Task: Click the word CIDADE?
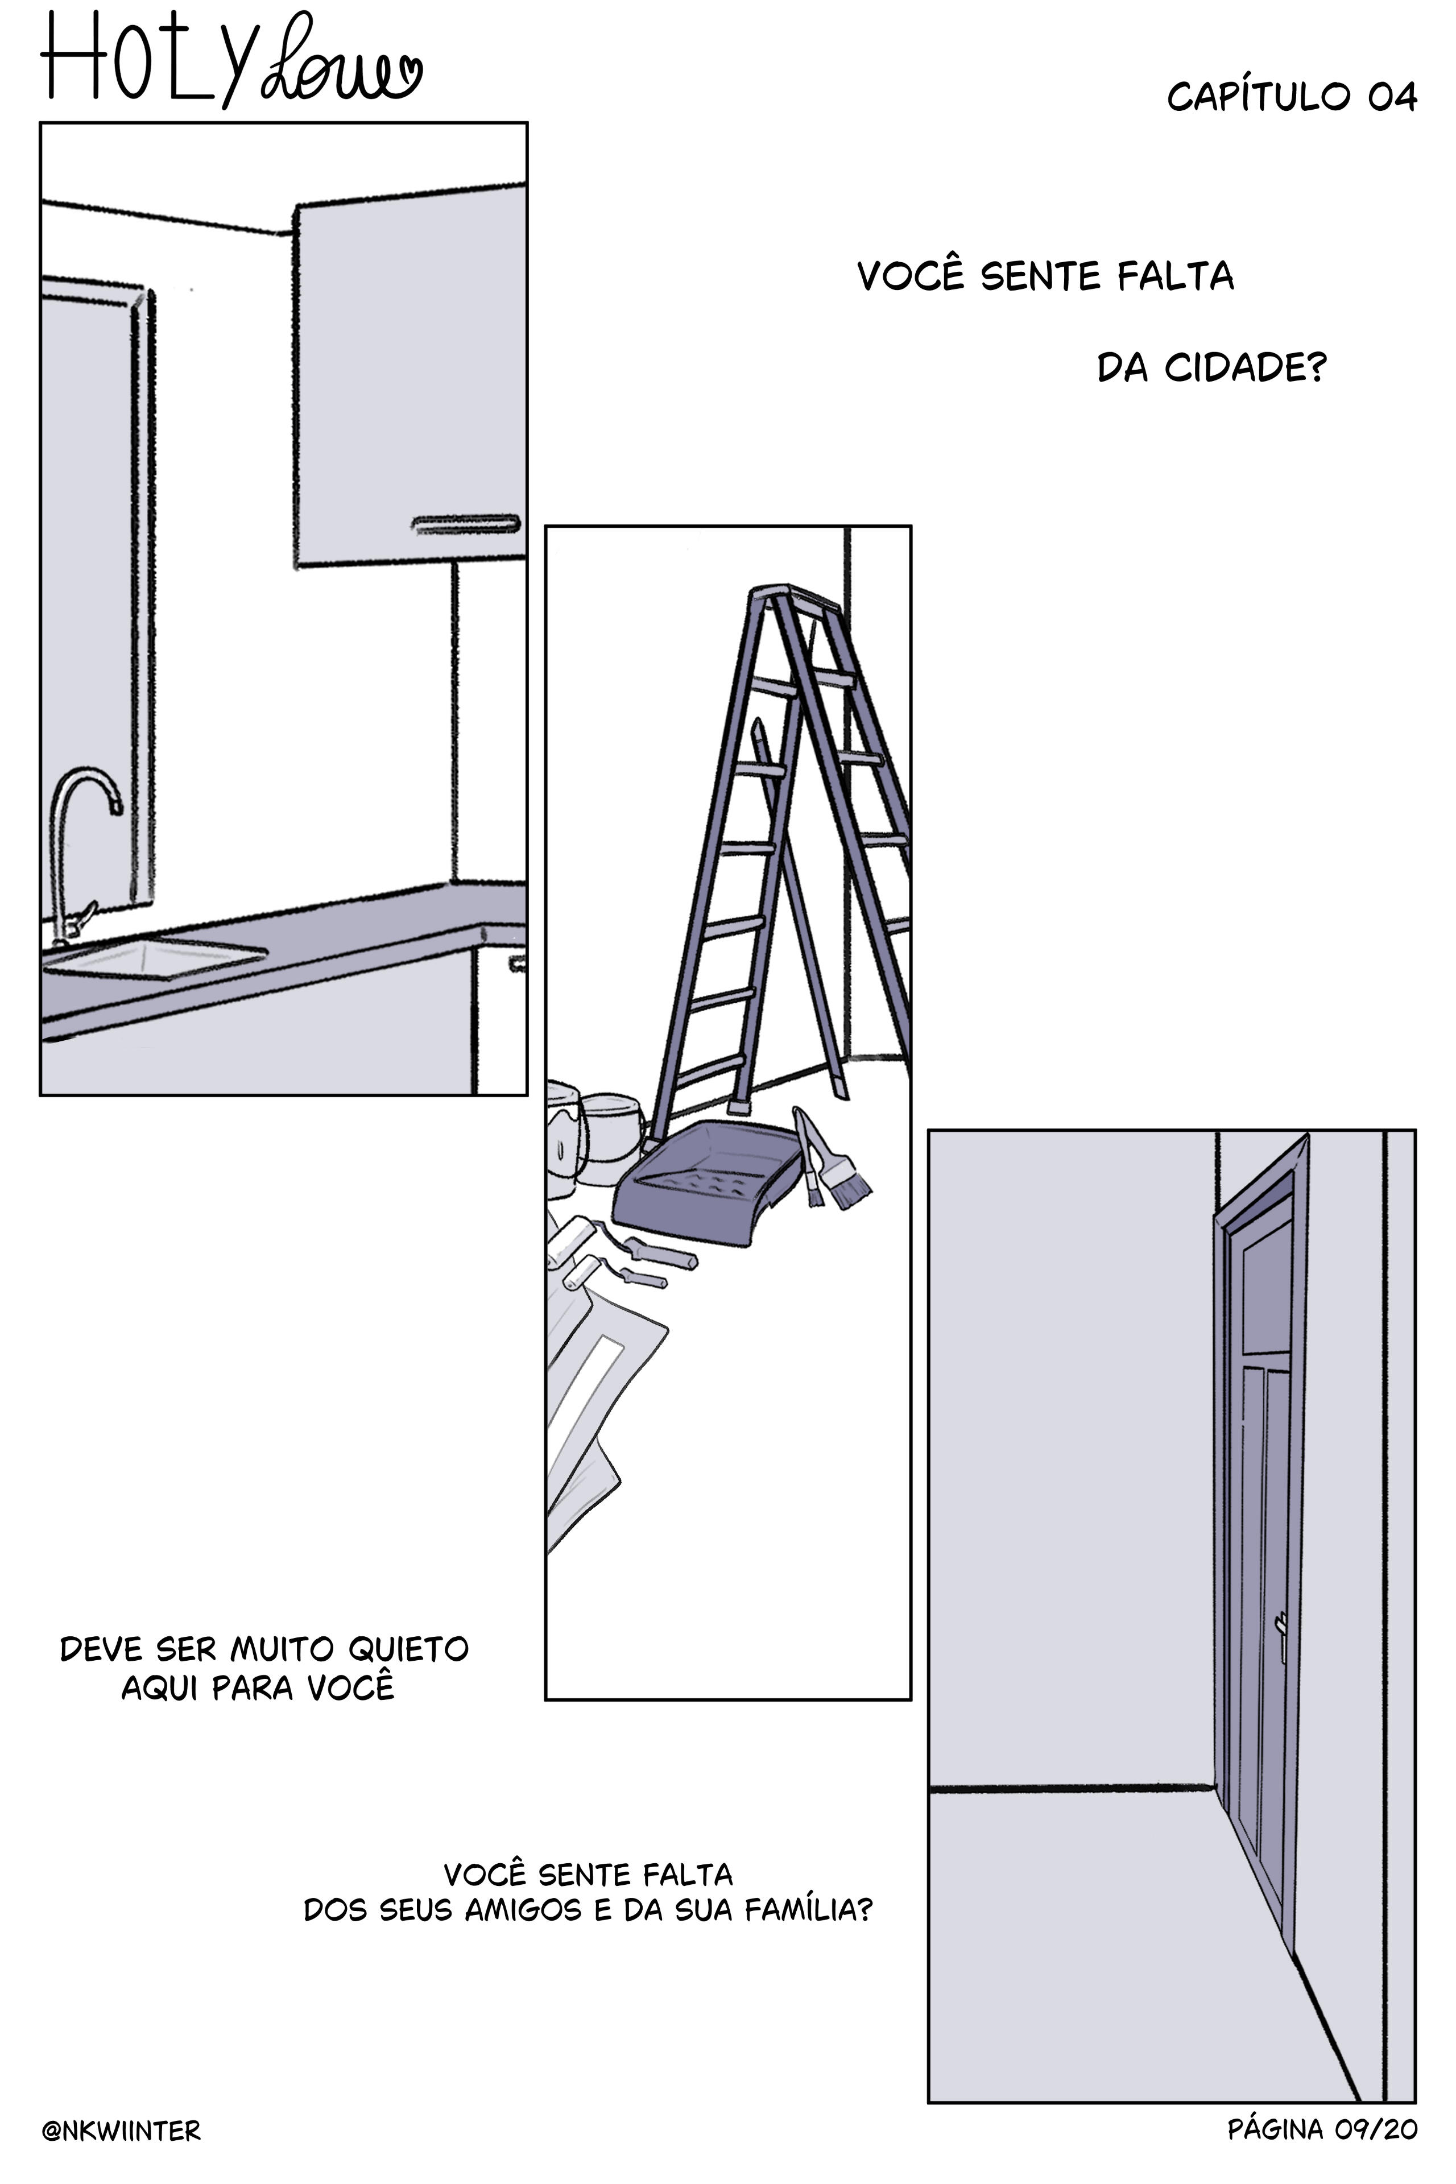point(1245,368)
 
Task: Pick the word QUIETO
point(408,1649)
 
